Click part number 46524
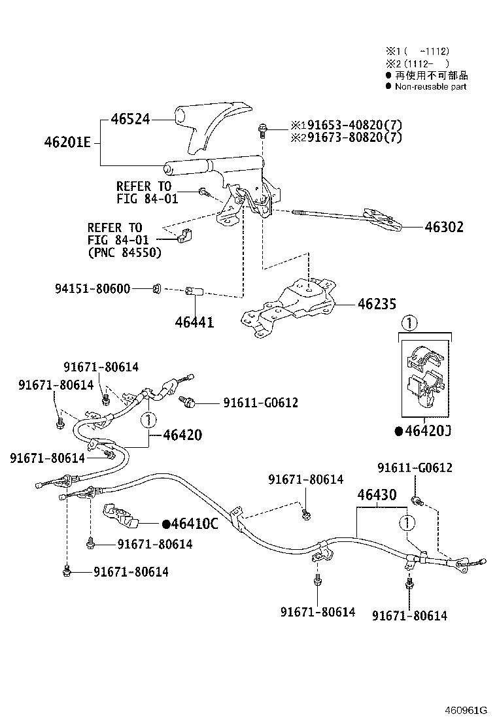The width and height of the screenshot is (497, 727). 130,119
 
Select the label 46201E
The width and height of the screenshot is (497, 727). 67,142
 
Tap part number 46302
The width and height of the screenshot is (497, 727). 444,228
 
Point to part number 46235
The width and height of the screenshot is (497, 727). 377,304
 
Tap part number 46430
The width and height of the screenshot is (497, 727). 376,496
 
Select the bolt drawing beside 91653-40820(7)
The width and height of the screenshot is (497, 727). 263,129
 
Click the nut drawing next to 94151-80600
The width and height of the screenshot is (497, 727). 157,288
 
